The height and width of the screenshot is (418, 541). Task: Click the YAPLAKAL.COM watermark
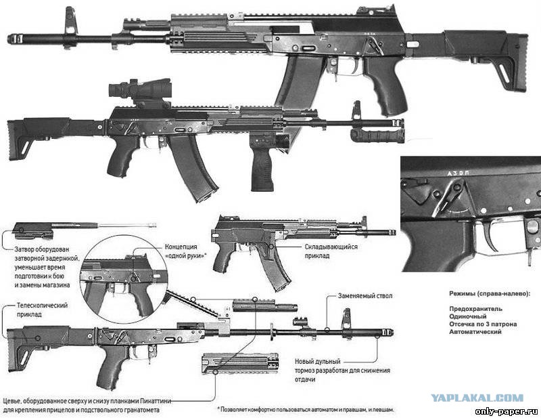(x=477, y=398)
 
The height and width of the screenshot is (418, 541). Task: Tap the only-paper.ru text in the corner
(x=506, y=411)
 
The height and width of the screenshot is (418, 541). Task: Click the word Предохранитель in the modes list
(x=475, y=309)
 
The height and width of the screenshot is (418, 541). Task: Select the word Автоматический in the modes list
(x=475, y=331)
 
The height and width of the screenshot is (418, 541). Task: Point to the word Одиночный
(x=467, y=316)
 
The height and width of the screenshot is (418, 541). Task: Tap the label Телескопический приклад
(x=42, y=310)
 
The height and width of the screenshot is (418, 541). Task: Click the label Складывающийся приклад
(x=331, y=251)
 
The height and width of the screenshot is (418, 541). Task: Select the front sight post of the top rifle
(x=70, y=24)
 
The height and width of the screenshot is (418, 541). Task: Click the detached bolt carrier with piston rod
(x=84, y=230)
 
